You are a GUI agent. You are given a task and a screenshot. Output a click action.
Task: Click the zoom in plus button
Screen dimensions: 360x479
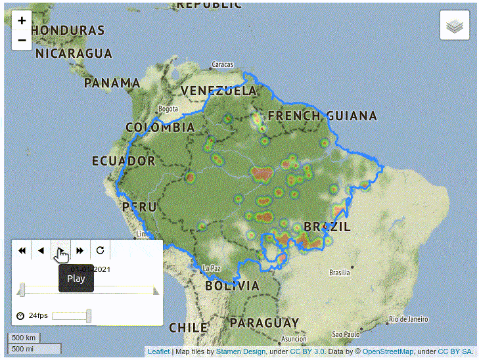[22, 20]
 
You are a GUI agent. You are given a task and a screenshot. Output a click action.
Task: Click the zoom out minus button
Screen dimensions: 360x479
[22, 40]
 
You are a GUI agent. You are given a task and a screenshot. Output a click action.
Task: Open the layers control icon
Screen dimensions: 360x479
[455, 26]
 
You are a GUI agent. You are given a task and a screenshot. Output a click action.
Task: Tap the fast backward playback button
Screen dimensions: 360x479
[22, 250]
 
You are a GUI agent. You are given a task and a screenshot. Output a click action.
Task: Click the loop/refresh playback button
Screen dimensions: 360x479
[100, 250]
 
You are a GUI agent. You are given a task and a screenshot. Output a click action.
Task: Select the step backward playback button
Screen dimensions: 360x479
[41, 250]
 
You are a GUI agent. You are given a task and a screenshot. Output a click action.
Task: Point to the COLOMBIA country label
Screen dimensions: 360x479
[160, 127]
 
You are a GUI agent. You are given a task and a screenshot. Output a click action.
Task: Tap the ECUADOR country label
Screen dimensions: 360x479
[124, 161]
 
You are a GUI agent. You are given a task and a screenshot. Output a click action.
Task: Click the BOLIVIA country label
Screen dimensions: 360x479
[232, 286]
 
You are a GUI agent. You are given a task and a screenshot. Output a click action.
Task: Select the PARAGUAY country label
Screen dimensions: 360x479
[264, 323]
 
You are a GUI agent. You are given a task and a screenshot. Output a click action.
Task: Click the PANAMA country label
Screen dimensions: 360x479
[112, 83]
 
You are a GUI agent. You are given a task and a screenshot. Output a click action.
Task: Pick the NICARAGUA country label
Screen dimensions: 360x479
[74, 53]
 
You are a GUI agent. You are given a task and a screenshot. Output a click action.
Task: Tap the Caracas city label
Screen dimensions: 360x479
[223, 65]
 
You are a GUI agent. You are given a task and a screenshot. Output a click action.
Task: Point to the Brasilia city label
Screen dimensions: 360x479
[339, 273]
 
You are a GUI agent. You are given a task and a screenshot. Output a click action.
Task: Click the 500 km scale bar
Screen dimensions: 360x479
[24, 338]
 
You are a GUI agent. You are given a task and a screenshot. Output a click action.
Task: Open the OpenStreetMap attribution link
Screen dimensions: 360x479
[390, 352]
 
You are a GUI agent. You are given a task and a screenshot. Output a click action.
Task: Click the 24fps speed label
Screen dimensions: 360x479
[38, 316]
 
